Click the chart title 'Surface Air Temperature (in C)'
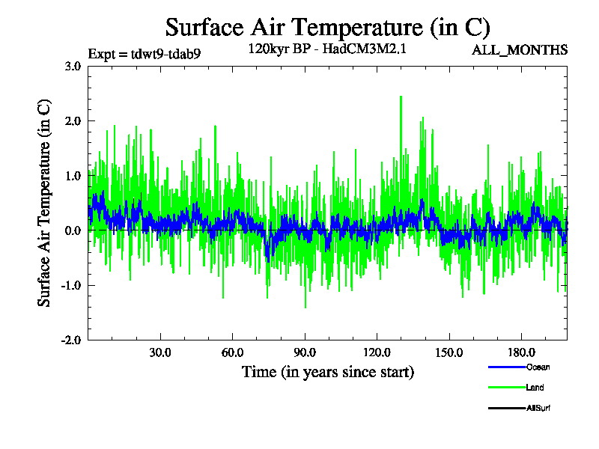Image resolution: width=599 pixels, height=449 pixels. pos(327,28)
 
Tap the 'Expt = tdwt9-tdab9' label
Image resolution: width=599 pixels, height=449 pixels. pos(144,53)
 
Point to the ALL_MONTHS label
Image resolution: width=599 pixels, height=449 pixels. pos(520,50)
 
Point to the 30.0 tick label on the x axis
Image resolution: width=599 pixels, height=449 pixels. pos(160,352)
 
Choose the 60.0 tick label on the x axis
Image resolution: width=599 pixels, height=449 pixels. pos(233,352)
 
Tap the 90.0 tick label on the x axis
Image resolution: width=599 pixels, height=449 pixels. pos(305,352)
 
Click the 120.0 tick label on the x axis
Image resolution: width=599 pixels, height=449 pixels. pos(377,352)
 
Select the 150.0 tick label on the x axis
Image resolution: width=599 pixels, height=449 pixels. pos(449,352)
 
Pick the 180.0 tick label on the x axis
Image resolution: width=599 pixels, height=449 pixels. pos(521,352)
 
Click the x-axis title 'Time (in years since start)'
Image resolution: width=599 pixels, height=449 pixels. pos(327,372)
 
